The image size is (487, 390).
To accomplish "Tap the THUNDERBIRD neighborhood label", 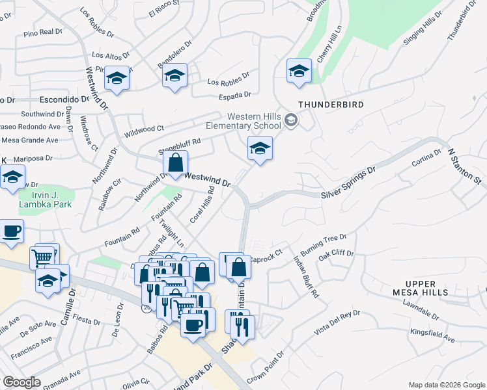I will click(331, 104).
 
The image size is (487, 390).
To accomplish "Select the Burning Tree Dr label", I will click(324, 245).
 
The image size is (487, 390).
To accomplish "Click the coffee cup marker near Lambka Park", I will click(12, 231).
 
